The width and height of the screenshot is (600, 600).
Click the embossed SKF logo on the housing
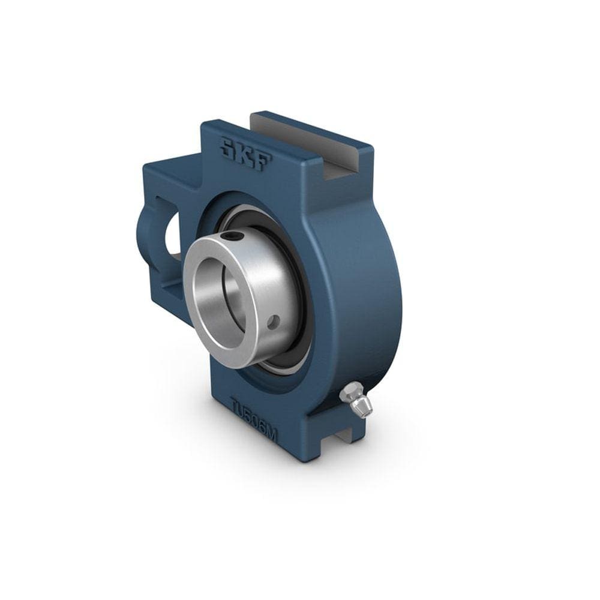pos(245,154)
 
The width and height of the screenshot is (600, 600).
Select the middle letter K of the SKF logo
pos(244,154)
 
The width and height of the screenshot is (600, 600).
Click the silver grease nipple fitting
pos(356,400)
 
